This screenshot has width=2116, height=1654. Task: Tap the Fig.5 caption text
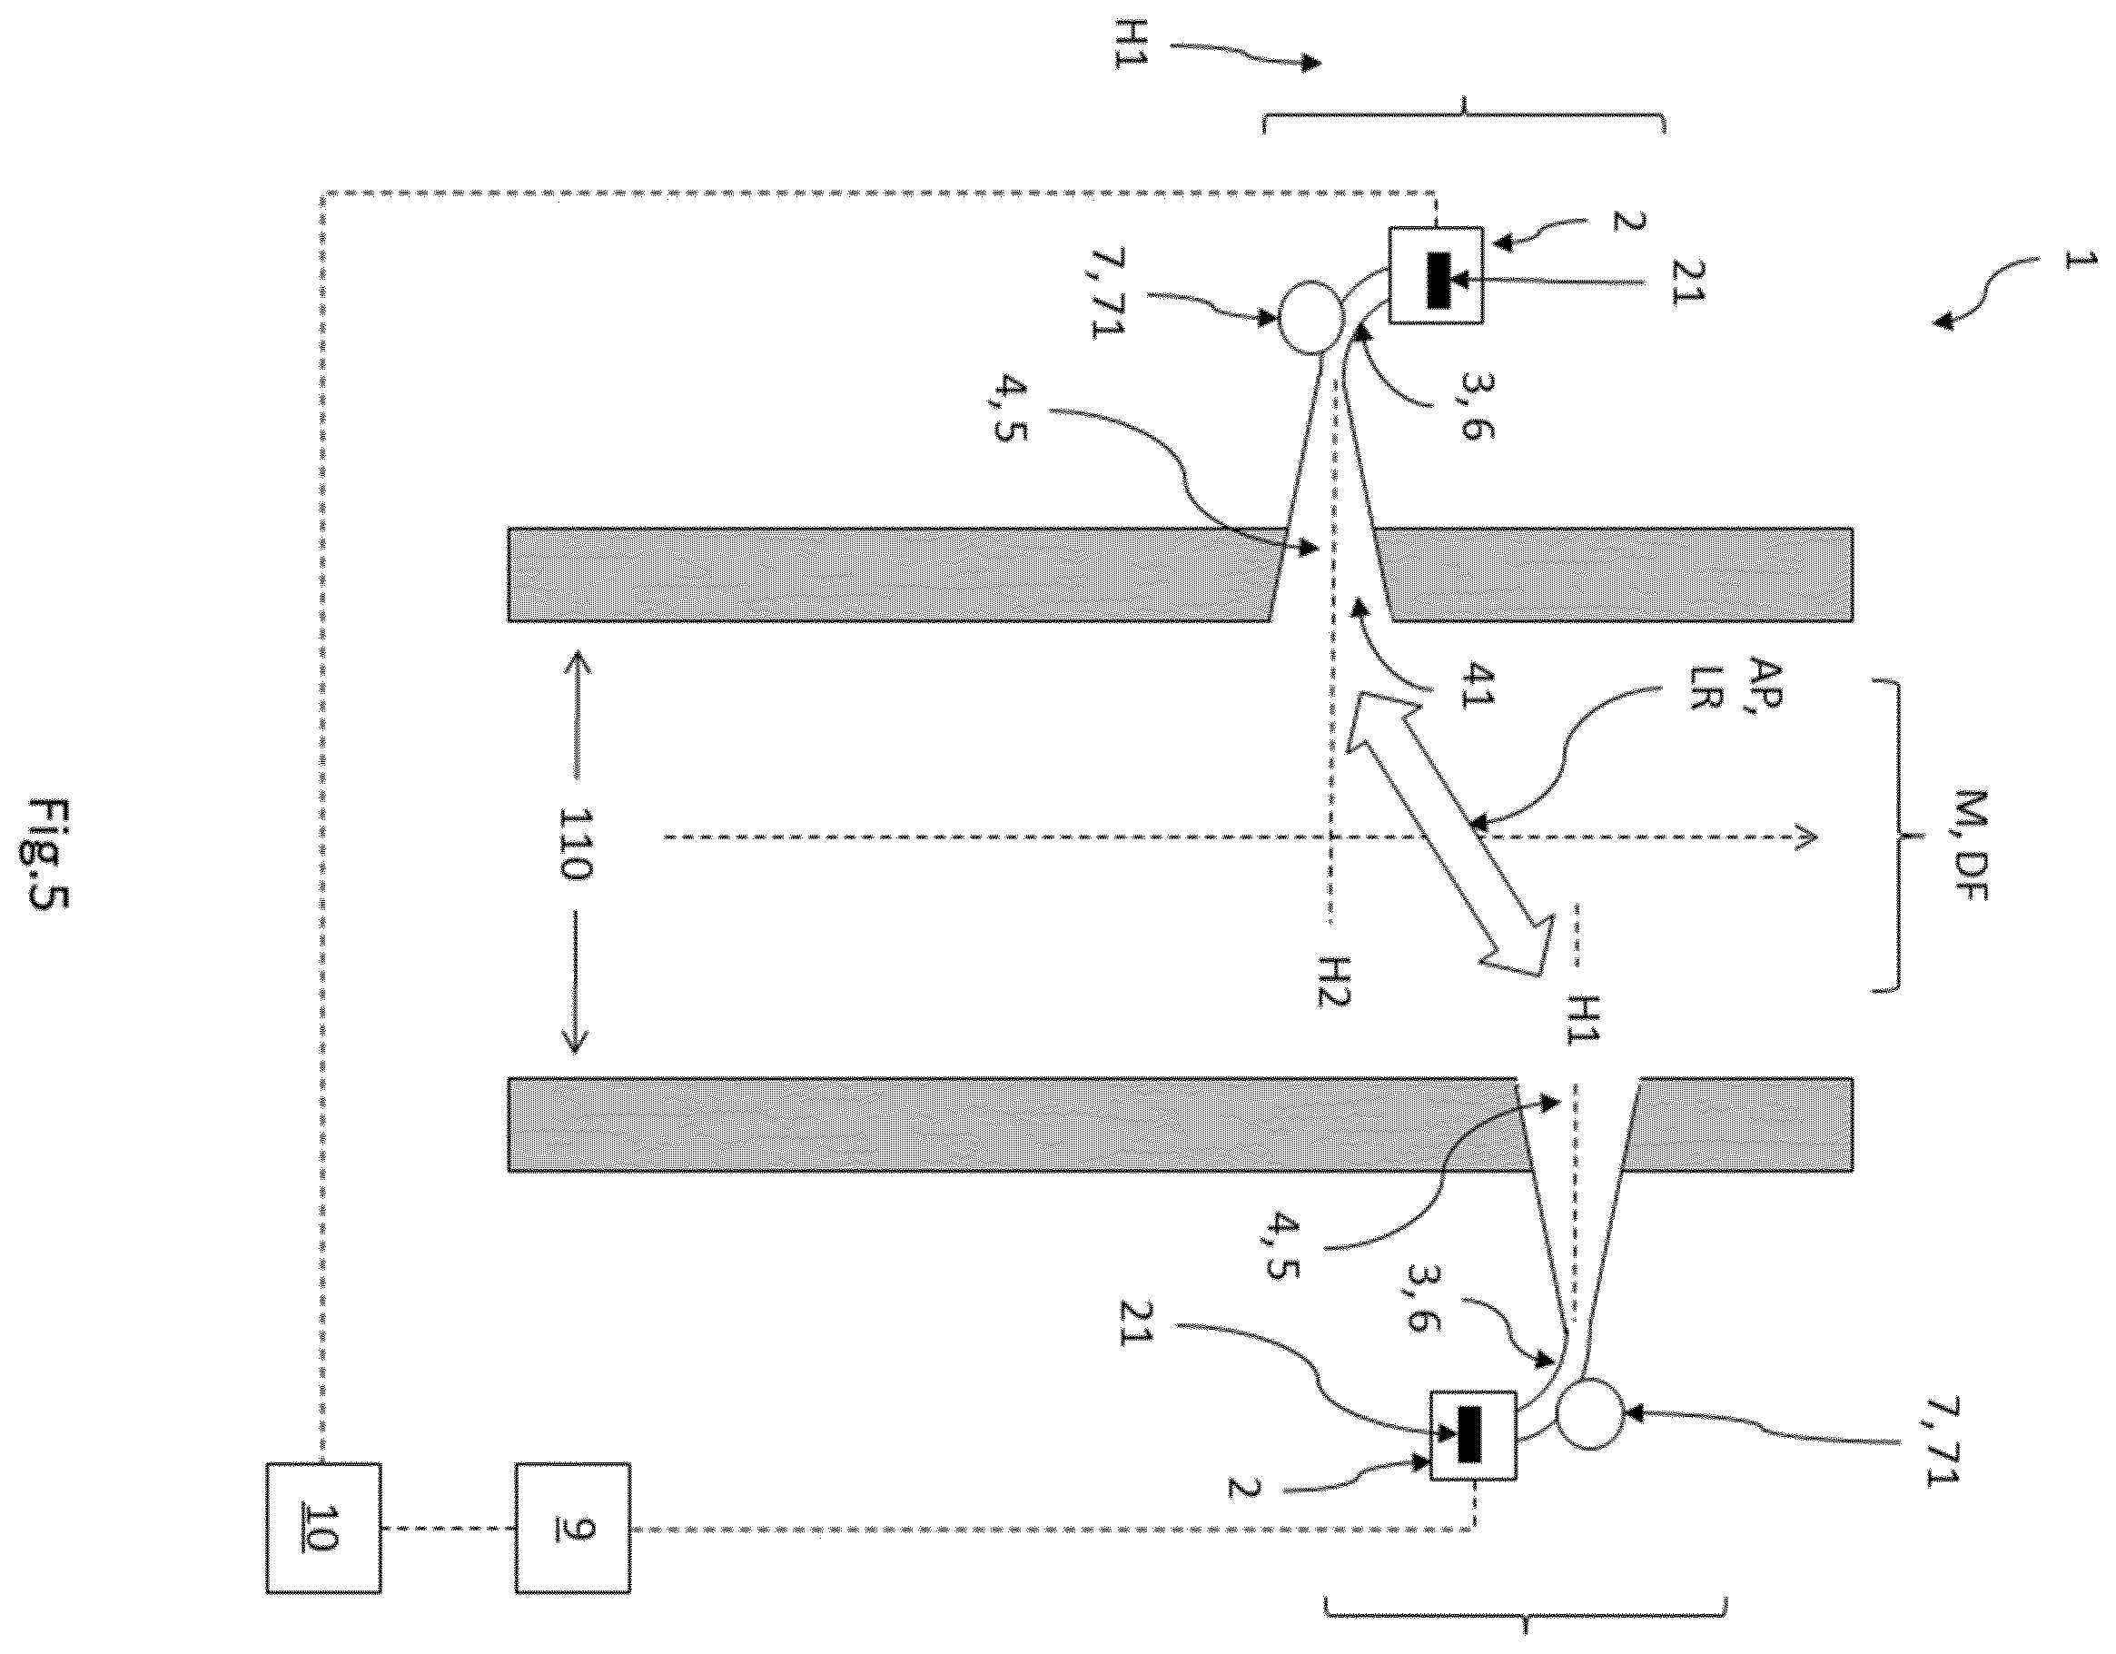pyautogui.click(x=48, y=857)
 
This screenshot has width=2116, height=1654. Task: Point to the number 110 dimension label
pyautogui.click(x=573, y=843)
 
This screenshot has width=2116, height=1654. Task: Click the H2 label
pyautogui.click(x=1333, y=981)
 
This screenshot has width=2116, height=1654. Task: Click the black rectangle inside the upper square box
pyautogui.click(x=1437, y=281)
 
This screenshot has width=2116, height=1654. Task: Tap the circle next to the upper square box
pyautogui.click(x=1312, y=317)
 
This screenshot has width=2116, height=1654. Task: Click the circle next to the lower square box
pyautogui.click(x=1589, y=1416)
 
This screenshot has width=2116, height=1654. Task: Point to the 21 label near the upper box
pyautogui.click(x=1685, y=281)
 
